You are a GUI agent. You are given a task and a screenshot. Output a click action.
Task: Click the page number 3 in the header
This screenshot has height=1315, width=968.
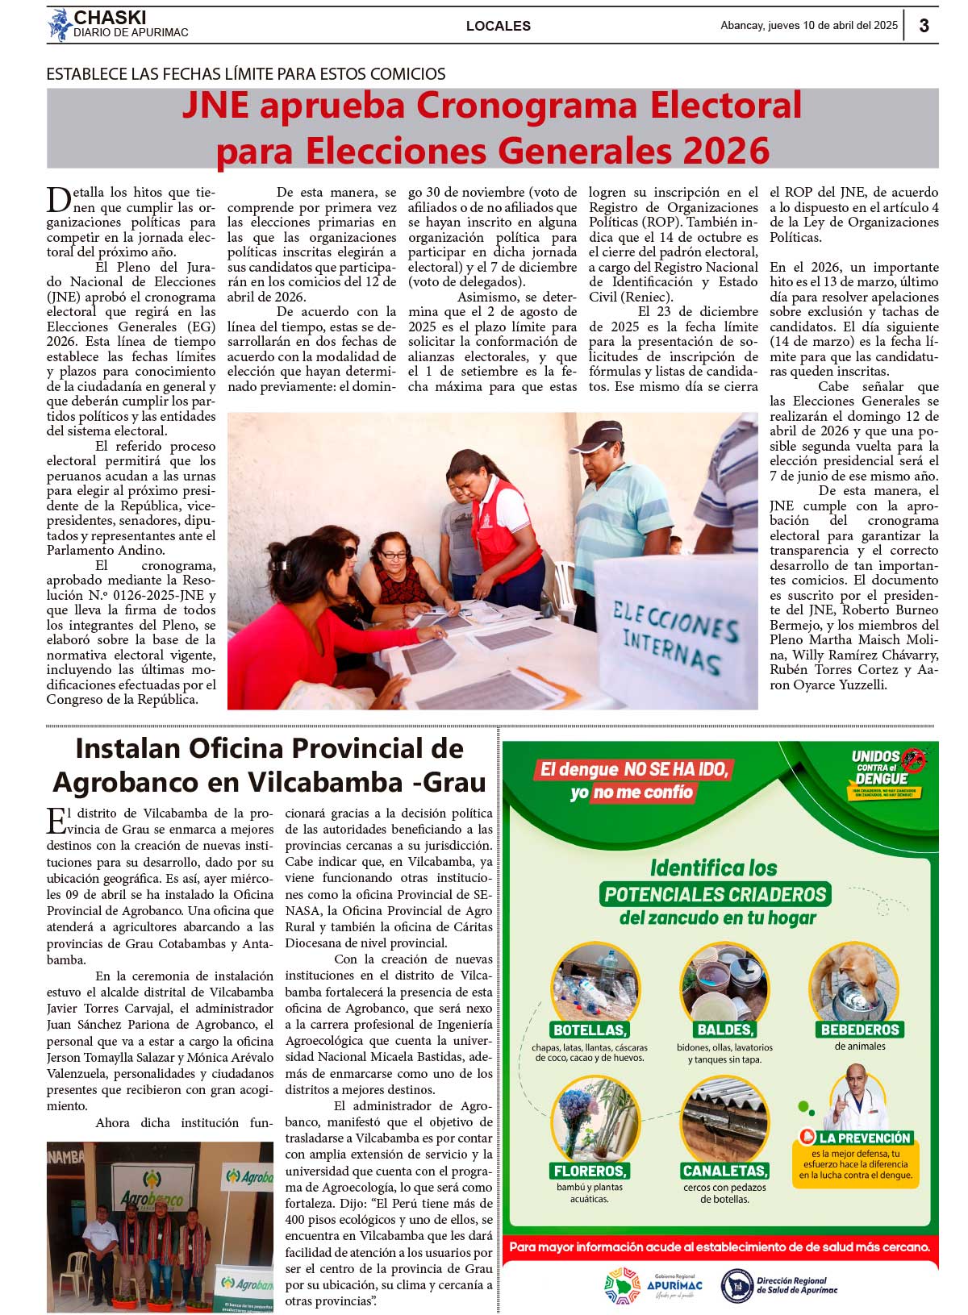(x=924, y=25)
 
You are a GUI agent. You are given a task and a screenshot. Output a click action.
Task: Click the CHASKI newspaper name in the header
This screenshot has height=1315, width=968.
(x=110, y=18)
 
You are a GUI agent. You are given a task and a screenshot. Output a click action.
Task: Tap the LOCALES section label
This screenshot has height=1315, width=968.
(x=498, y=26)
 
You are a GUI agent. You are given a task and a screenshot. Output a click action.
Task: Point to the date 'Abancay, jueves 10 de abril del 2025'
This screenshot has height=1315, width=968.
(x=808, y=25)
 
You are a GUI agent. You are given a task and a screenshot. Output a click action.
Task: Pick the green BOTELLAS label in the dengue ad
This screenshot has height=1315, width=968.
(x=590, y=1030)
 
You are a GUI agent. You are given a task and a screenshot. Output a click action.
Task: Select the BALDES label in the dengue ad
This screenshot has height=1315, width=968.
(x=724, y=1030)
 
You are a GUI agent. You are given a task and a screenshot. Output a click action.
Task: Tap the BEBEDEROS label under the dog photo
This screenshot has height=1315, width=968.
(x=860, y=1030)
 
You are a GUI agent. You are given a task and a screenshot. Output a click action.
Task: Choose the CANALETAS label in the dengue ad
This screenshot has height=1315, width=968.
(x=725, y=1171)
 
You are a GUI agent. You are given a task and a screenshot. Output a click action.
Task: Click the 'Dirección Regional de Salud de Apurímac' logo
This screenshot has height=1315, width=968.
(x=779, y=1285)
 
